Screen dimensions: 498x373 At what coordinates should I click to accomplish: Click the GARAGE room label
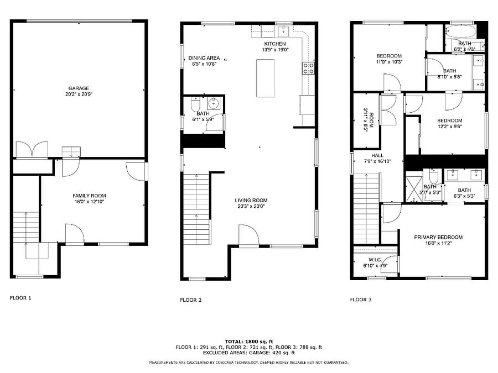click(x=79, y=88)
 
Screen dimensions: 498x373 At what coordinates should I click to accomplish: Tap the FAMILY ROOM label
click(x=89, y=196)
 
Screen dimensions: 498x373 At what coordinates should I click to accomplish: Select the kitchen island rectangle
click(x=265, y=78)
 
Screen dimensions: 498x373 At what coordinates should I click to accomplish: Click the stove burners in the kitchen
click(x=308, y=69)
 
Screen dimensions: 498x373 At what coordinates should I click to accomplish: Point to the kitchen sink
click(x=283, y=31)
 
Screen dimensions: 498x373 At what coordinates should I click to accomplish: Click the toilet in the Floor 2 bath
click(x=195, y=104)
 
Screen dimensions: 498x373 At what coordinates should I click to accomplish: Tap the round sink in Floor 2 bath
click(x=214, y=103)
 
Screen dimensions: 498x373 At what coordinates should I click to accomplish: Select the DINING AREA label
click(x=204, y=57)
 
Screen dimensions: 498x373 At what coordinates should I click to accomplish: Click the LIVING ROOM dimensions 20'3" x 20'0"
click(x=251, y=206)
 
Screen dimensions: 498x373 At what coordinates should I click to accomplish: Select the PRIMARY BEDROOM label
click(x=438, y=237)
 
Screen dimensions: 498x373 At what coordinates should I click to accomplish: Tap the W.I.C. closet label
click(x=375, y=260)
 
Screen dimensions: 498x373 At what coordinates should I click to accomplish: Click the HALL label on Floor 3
click(x=377, y=155)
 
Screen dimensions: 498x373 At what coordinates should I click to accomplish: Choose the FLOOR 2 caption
click(x=190, y=300)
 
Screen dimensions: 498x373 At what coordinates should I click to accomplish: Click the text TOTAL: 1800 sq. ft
click(x=249, y=342)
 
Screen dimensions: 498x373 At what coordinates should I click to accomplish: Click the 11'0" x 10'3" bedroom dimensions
click(x=389, y=62)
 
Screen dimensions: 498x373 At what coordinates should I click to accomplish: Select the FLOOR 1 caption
click(x=20, y=298)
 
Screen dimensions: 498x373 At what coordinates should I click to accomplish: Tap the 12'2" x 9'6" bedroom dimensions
click(x=450, y=126)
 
